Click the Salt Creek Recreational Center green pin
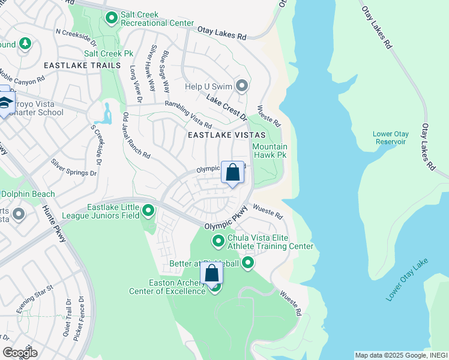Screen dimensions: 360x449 pyautogui.click(x=111, y=19)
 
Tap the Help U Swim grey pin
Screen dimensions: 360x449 pyautogui.click(x=242, y=86)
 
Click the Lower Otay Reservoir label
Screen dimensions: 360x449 pyautogui.click(x=391, y=137)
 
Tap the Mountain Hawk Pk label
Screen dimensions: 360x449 pyautogui.click(x=270, y=151)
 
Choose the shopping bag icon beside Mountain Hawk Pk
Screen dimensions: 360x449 pyautogui.click(x=233, y=173)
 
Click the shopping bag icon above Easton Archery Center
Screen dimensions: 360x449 pyautogui.click(x=211, y=274)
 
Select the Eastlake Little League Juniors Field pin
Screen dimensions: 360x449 pyautogui.click(x=148, y=211)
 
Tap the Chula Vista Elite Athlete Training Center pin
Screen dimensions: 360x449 pyautogui.click(x=218, y=241)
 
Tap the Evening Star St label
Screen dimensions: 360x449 pyautogui.click(x=35, y=299)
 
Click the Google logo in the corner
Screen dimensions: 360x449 pyautogui.click(x=19, y=352)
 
